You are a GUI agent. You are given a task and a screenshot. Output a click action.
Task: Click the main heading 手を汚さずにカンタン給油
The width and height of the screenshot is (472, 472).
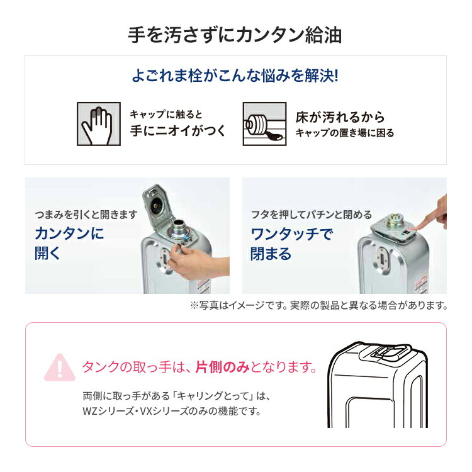[x=235, y=35]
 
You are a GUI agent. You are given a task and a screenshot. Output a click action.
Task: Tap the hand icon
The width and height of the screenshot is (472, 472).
[x=98, y=124]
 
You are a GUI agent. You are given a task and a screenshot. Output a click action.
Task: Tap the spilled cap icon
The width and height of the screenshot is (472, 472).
[x=264, y=124]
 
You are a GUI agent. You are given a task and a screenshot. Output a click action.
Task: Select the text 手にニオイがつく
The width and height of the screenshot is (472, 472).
[x=177, y=132]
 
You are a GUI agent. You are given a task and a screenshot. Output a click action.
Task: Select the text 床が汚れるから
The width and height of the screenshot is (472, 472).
[x=340, y=117]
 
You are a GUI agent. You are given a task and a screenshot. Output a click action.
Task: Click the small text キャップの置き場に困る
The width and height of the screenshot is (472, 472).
[x=345, y=133]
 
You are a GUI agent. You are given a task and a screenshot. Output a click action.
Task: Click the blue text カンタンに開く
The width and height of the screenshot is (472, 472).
[x=69, y=244]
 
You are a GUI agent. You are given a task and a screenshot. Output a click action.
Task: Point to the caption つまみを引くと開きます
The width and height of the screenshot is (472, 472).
[x=86, y=215]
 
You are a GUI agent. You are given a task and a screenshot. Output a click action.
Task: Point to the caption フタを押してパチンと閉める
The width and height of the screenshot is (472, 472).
[x=312, y=215]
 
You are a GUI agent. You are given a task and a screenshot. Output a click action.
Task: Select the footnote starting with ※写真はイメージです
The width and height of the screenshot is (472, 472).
[x=318, y=305]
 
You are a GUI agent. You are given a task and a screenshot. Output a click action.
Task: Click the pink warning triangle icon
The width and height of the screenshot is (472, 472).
[x=60, y=367]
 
